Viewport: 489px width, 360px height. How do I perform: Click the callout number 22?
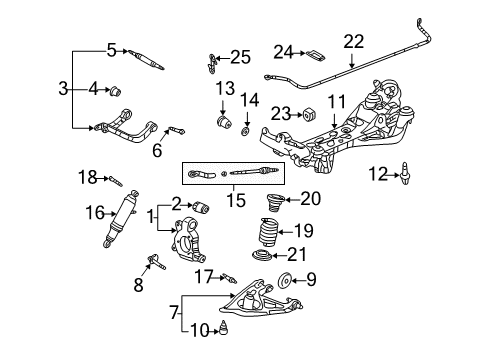pos(354,42)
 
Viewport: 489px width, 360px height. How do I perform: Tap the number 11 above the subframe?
pos(337,102)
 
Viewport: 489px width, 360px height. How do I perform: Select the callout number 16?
pos(95,212)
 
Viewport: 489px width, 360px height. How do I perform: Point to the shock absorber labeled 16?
pos(121,219)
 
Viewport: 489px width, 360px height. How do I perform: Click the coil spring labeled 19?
pos(269,232)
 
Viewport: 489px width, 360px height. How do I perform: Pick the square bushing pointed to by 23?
pos(310,114)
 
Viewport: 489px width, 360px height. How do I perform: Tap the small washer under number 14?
pos(246,132)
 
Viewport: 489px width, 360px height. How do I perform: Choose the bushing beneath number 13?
pos(224,122)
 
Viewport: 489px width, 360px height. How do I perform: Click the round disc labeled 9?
pos(285,281)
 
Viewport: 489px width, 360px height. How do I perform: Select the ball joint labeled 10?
pos(224,327)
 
